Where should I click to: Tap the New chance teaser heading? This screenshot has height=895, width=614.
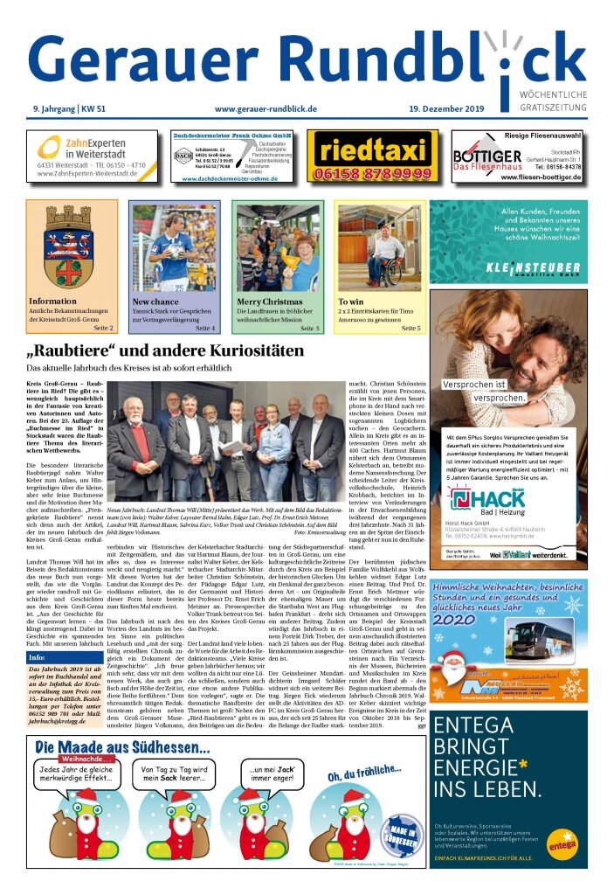[x=155, y=302]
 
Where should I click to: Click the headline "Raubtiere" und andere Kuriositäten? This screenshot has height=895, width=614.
[x=166, y=351]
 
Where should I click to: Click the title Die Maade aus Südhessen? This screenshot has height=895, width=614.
[x=122, y=748]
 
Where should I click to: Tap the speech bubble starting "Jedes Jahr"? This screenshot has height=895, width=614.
[x=72, y=774]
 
